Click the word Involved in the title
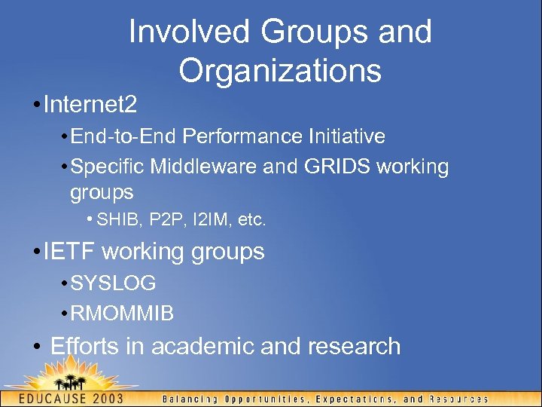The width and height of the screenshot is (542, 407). [188, 32]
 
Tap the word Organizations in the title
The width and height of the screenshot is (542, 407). [280, 71]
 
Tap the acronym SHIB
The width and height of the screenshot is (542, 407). [114, 220]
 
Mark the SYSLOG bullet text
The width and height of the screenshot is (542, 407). [113, 283]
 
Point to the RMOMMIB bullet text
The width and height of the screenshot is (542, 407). [122, 313]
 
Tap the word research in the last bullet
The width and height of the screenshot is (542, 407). [354, 346]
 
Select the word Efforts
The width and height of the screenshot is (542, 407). [85, 346]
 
